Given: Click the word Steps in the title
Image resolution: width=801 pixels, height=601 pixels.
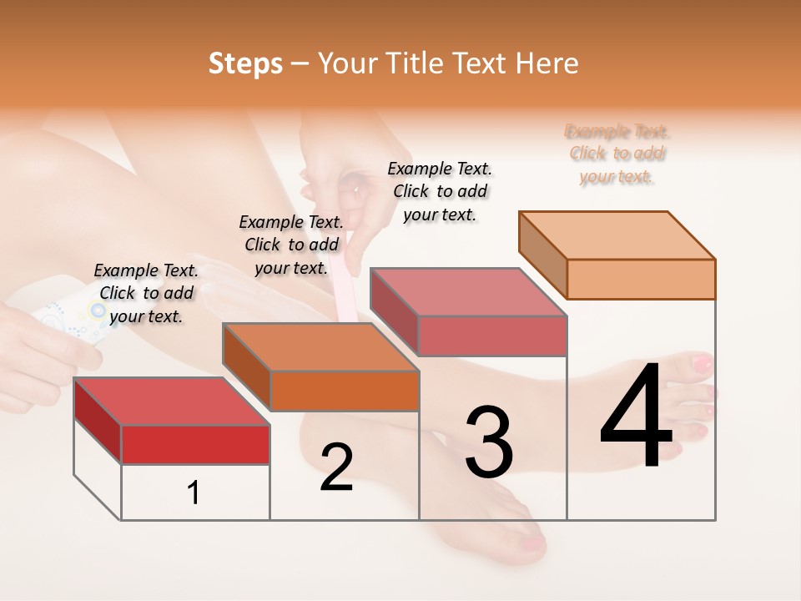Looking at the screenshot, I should click(245, 64).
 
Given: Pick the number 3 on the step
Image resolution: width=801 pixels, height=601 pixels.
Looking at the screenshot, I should click(489, 442).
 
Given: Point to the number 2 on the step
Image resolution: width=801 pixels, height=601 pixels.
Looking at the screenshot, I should click(336, 467).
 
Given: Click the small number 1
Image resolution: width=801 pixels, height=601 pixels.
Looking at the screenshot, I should click(194, 492).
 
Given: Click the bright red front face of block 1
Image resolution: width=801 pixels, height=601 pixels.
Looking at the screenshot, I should click(195, 444).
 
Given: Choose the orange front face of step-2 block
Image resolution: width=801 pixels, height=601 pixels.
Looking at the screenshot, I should click(344, 391).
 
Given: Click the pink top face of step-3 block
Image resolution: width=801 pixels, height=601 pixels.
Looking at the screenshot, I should click(467, 292).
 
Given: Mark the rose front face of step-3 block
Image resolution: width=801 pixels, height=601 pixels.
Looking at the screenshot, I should click(491, 336).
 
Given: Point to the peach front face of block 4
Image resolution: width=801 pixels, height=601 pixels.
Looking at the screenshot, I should click(640, 279).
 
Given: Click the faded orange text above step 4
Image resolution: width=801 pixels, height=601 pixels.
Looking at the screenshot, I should click(617, 154).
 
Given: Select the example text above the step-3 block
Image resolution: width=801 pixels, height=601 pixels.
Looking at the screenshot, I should click(440, 191).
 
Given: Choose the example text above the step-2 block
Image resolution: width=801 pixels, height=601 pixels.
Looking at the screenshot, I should click(291, 245).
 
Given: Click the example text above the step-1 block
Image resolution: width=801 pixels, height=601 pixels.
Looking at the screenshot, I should click(146, 293).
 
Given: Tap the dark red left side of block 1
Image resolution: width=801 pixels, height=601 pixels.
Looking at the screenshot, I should click(98, 420).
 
